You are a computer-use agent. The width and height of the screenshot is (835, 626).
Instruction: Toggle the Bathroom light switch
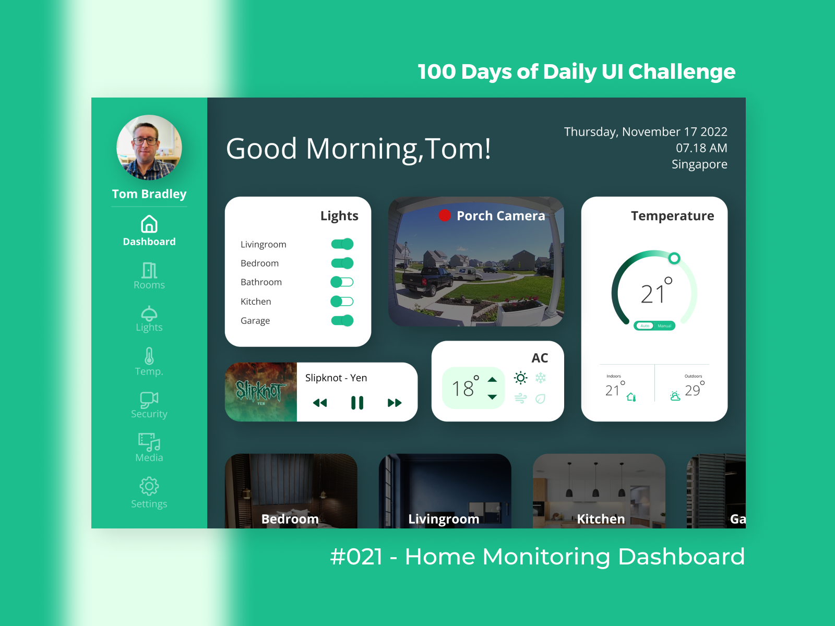point(342,282)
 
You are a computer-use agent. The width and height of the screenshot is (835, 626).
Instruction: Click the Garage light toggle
point(342,320)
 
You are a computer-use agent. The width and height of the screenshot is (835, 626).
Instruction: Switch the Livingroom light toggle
point(342,244)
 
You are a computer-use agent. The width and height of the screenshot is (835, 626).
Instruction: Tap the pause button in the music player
point(357,403)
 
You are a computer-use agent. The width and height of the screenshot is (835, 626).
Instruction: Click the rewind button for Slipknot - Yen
point(320,403)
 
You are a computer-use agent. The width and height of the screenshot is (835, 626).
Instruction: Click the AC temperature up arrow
point(492,379)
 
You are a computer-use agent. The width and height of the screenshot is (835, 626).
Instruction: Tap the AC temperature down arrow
point(492,397)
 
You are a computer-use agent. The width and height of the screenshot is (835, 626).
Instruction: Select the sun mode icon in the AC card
point(520,378)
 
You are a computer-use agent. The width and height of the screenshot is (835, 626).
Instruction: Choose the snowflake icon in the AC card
point(541,378)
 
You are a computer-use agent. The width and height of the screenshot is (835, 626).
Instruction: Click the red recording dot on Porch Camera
point(445,215)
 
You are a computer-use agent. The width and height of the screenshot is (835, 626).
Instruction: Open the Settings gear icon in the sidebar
point(149,486)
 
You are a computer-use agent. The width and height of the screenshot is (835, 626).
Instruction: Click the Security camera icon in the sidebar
point(149,400)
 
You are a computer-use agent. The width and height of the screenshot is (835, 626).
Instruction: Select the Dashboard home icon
point(149,224)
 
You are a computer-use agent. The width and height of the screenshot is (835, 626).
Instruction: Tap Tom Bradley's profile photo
point(149,148)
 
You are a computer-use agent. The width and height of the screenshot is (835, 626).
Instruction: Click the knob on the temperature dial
point(674,258)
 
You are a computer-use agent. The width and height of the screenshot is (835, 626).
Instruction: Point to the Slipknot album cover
point(261,392)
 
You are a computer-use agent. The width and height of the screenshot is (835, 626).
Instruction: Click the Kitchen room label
point(601,519)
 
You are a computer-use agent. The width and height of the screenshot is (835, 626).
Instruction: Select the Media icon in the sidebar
point(149,442)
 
